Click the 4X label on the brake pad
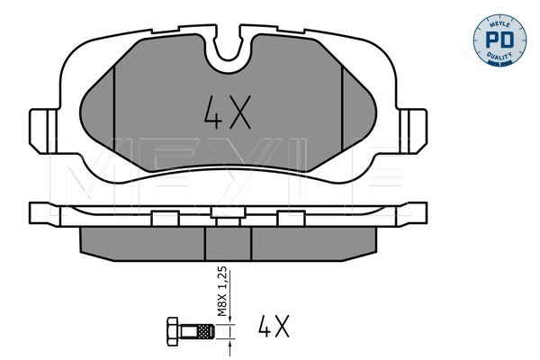227,112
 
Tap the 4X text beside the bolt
274,326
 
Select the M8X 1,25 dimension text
222,292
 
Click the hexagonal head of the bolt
173,331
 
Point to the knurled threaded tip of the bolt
206,331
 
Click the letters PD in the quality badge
499,40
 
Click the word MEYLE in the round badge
499,24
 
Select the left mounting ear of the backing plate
43,130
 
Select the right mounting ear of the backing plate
413,130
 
